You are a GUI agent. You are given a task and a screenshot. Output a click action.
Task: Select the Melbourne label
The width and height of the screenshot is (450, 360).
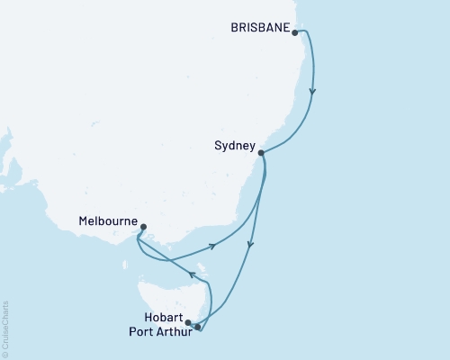click(108, 220)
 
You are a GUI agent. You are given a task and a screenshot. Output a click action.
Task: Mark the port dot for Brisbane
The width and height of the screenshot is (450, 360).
click(295, 32)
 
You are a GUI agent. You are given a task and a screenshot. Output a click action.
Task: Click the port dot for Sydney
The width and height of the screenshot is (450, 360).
click(261, 153)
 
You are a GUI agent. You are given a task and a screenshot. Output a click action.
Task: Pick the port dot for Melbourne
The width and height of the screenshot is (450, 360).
click(143, 227)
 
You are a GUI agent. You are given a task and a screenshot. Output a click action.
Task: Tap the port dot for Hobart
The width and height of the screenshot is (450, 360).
click(188, 321)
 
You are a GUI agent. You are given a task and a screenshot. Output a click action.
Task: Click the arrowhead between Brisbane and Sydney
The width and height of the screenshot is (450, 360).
click(312, 90)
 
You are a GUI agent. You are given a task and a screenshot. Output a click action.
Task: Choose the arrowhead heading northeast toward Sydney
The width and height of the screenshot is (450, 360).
click(213, 246)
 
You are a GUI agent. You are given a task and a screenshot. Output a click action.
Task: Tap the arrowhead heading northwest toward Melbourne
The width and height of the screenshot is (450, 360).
click(192, 274)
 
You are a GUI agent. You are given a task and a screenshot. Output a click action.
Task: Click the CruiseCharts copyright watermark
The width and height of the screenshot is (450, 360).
click(6, 328)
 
